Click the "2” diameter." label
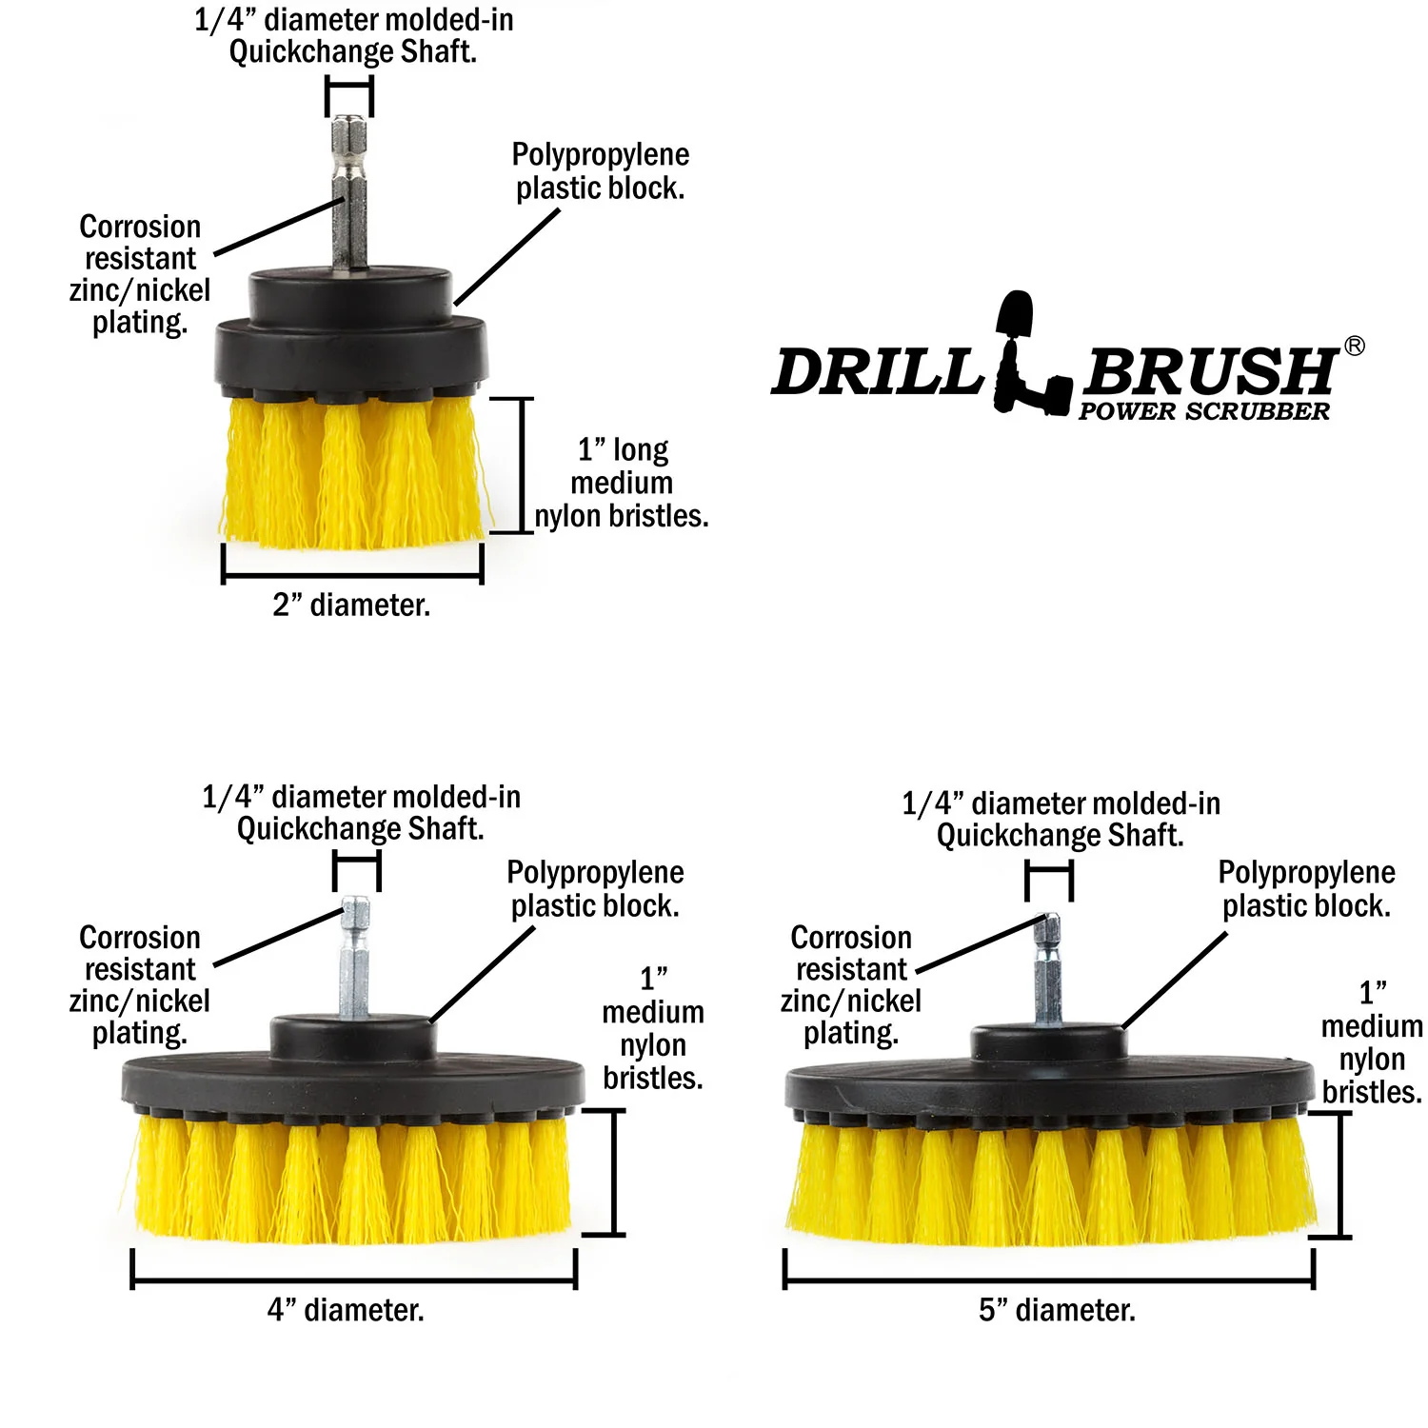click(351, 605)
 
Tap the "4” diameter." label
click(346, 1311)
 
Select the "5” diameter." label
click(1057, 1311)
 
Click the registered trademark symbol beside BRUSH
click(1354, 347)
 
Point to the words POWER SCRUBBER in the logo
click(1203, 412)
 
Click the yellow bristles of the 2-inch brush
click(352, 476)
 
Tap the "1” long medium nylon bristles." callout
click(622, 483)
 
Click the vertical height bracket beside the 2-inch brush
click(523, 466)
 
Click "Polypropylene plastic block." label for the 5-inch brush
click(1306, 889)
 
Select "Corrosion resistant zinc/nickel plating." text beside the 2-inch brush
click(140, 274)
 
